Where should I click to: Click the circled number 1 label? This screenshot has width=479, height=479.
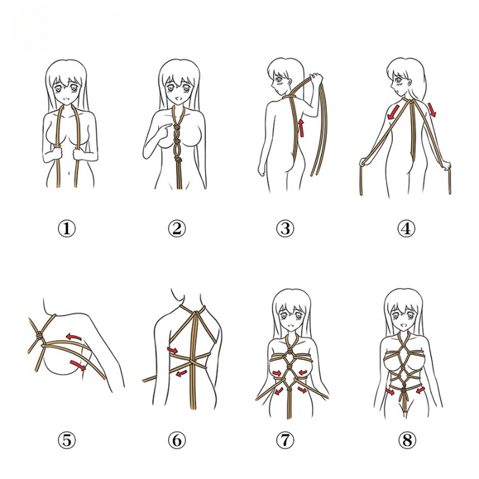tap(66, 228)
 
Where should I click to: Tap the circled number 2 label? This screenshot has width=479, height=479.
tap(177, 228)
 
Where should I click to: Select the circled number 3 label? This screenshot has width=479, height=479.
tap(285, 228)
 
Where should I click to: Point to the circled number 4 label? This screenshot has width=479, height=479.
tap(406, 228)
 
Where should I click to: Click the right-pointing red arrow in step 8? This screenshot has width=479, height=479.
tap(390, 393)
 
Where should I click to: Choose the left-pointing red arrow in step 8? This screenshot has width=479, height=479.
tap(420, 390)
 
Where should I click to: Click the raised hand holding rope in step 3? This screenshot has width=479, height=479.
tap(316, 78)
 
